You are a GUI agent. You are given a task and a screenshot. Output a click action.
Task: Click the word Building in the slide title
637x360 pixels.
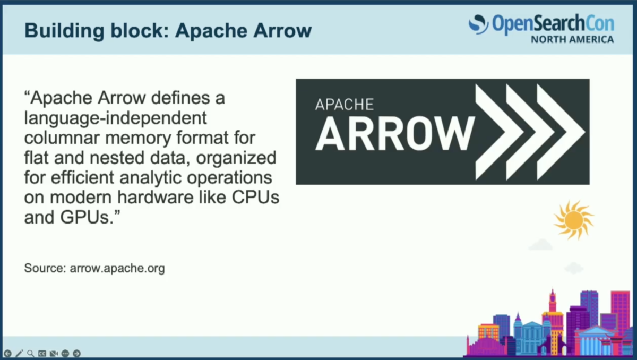65,31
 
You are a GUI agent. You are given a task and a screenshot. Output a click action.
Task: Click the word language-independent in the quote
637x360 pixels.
116,118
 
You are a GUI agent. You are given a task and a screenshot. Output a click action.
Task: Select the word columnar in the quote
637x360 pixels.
62,138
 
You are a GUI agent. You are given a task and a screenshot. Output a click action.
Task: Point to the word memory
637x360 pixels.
138,139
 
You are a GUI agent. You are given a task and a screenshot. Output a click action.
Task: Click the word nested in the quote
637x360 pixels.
117,158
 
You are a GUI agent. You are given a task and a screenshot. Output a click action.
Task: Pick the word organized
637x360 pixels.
236,158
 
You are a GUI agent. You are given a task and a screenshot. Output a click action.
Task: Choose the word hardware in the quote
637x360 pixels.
156,197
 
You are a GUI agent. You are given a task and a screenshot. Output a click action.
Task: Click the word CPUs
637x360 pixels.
255,197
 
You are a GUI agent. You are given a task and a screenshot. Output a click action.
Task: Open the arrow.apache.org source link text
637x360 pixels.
117,269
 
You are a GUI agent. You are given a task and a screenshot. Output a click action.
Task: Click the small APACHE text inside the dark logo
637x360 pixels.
345,105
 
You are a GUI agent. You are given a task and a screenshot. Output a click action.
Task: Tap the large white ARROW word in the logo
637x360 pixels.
395,134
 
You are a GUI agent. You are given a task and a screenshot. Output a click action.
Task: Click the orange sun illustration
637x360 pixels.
574,220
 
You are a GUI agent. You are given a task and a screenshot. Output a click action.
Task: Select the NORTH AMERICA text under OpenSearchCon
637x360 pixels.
572,39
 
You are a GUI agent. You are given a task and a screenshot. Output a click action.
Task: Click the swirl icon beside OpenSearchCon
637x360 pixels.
478,24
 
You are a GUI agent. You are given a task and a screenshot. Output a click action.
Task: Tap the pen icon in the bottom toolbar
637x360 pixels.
19,353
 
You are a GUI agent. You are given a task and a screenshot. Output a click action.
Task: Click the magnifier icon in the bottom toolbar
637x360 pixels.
30,353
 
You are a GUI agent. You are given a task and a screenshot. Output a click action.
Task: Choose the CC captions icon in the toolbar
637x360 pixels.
42,353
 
